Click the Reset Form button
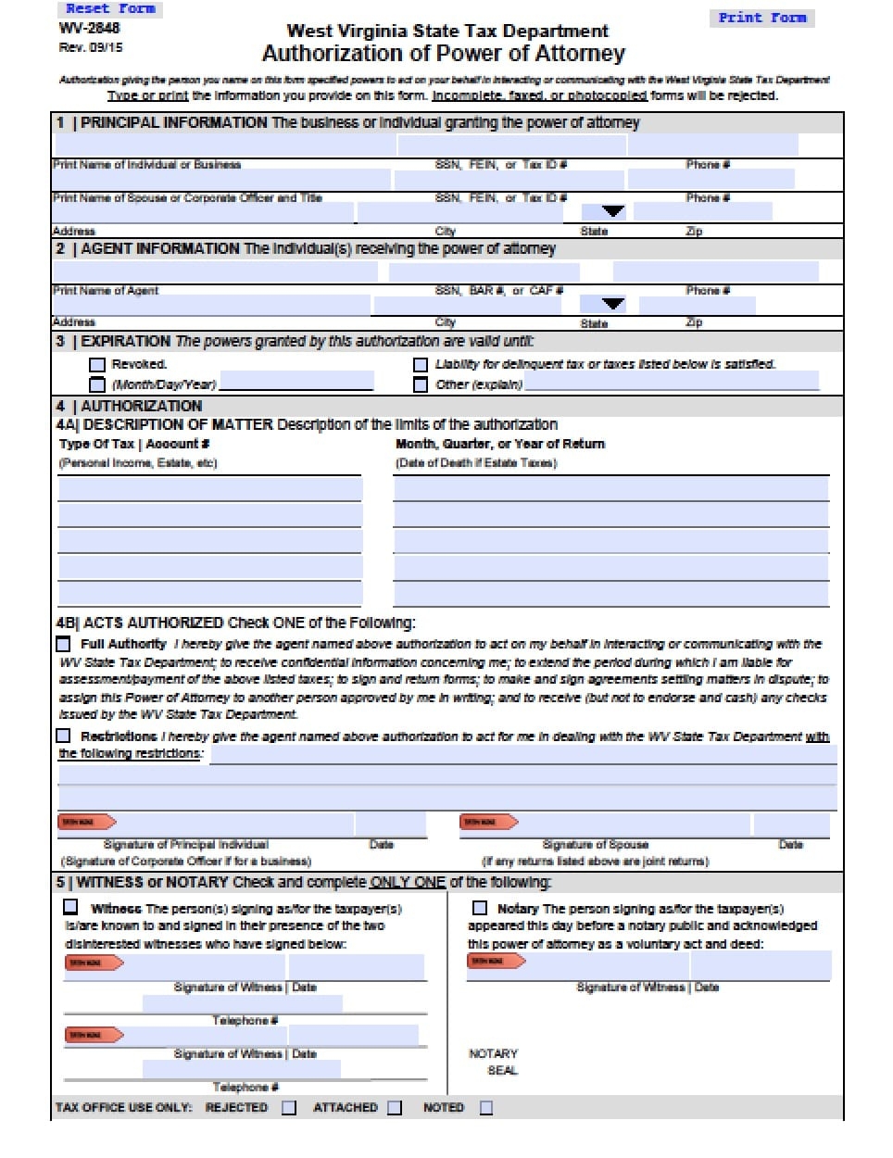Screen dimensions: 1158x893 tap(111, 9)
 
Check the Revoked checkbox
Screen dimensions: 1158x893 tap(96, 365)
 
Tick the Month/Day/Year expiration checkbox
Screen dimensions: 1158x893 tap(96, 384)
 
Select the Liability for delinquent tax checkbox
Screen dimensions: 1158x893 tap(421, 365)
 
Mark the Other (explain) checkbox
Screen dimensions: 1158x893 tap(421, 384)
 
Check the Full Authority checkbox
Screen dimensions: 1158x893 tap(64, 644)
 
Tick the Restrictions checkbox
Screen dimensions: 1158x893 tap(64, 736)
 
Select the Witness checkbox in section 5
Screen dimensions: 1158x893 tap(71, 907)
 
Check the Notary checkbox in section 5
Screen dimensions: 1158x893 tap(480, 908)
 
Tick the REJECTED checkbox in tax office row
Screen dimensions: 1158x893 tap(289, 1108)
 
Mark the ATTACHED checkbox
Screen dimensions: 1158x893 tap(395, 1108)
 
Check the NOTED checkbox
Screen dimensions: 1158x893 tap(486, 1108)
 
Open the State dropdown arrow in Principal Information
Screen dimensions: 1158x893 tap(613, 212)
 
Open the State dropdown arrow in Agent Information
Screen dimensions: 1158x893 tap(613, 304)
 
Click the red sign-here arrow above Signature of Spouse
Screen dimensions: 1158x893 tap(488, 822)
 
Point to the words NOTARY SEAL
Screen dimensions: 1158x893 tap(495, 1062)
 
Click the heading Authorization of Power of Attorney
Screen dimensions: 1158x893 tap(443, 54)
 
